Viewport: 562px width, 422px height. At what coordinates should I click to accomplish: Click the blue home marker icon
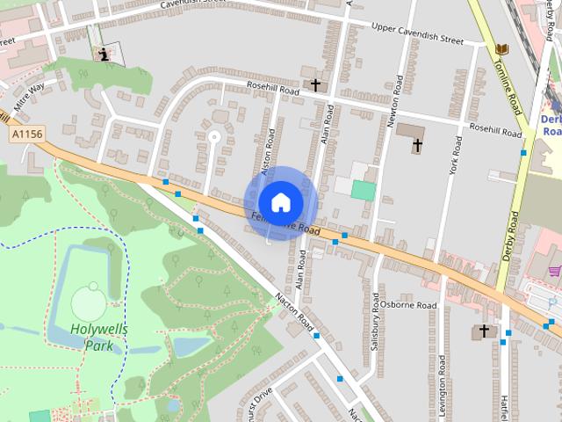pos(280,202)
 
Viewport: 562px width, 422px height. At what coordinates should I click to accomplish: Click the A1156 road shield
pos(27,134)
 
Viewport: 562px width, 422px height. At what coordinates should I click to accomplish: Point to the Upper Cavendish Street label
pos(417,40)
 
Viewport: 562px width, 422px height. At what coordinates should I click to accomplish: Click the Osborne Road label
pos(408,305)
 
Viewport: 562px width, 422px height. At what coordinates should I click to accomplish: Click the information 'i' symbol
pos(104,55)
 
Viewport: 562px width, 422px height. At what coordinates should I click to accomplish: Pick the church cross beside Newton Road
pos(418,144)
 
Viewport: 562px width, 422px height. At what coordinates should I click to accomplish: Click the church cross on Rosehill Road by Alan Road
pos(314,84)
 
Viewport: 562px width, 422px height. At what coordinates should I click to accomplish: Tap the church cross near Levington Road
pos(483,331)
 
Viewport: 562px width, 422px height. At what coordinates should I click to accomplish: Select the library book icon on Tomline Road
pos(501,49)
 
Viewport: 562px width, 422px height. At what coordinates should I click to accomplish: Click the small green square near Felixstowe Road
pos(364,190)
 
